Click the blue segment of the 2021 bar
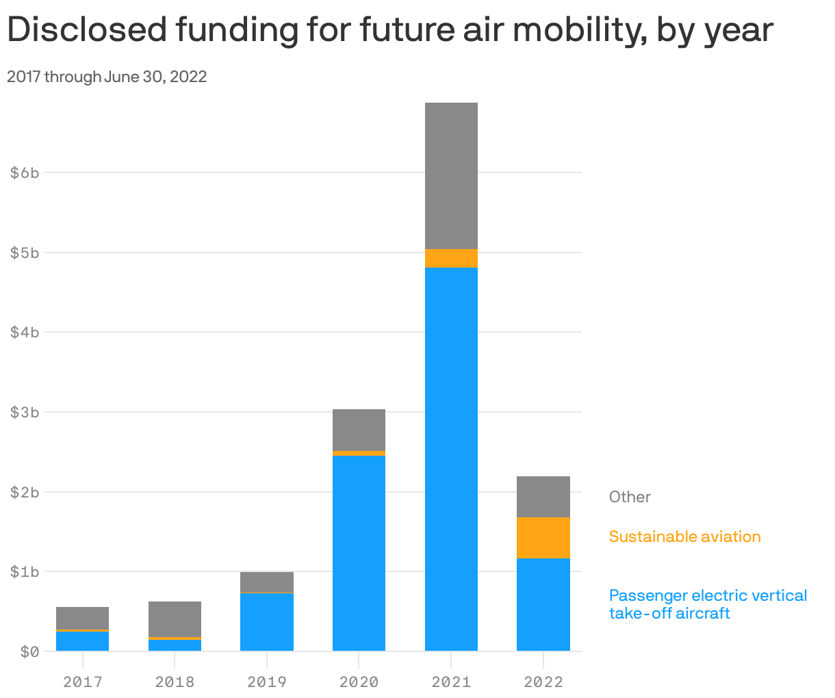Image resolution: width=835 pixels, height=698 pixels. (451, 458)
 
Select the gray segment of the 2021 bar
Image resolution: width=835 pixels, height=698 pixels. (451, 176)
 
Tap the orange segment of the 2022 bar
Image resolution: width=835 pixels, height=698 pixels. (543, 538)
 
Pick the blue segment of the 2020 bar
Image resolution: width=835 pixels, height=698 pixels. (359, 553)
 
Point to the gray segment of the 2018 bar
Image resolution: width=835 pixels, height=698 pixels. (175, 619)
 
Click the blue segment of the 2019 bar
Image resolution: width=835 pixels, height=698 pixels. (267, 622)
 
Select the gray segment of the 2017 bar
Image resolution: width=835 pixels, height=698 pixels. (82, 618)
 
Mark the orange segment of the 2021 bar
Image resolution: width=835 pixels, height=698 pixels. (451, 258)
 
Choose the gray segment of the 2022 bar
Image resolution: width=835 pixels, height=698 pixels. (543, 497)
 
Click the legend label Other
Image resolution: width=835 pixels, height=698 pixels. (630, 497)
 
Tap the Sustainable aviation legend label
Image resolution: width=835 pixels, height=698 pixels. (684, 537)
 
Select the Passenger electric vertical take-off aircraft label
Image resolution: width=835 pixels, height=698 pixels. (708, 604)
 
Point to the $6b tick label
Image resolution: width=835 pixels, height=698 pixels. (25, 172)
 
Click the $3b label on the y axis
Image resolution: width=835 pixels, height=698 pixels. (25, 412)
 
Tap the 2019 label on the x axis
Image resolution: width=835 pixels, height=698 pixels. (267, 682)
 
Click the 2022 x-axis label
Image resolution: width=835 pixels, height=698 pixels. (543, 682)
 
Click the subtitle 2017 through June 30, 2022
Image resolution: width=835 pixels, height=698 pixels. (107, 77)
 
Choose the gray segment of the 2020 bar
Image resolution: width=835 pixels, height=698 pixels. (359, 430)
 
